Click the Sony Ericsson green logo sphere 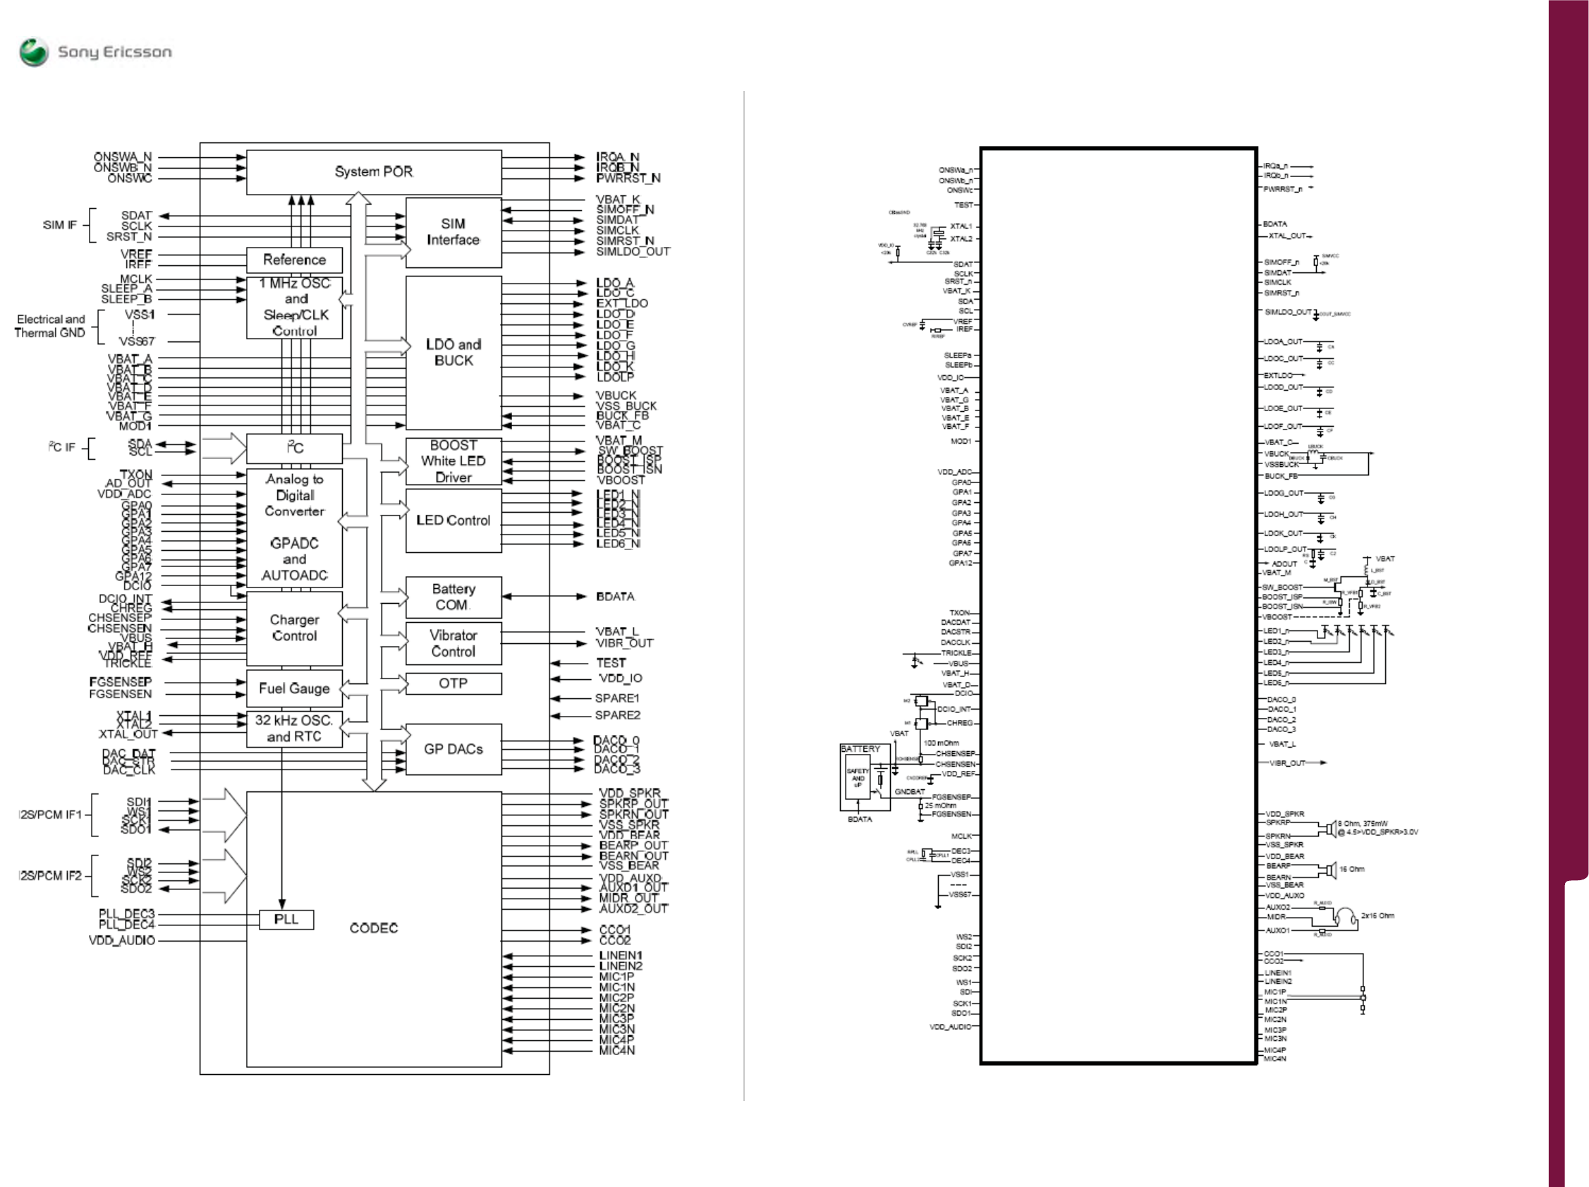click(x=34, y=52)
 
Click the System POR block click(x=374, y=171)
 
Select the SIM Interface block click(x=453, y=232)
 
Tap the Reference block click(x=294, y=260)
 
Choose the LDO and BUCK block click(x=453, y=352)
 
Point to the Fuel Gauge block click(x=294, y=688)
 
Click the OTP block click(x=453, y=683)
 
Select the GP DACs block click(x=453, y=749)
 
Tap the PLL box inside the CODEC click(x=286, y=919)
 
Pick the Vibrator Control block click(x=453, y=643)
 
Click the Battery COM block click(x=453, y=597)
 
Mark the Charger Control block click(x=294, y=627)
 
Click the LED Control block click(x=453, y=521)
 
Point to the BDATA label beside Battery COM click(x=615, y=597)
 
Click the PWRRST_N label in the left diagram click(x=628, y=178)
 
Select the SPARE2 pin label click(x=617, y=715)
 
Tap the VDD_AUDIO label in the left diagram click(x=121, y=940)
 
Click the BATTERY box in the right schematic click(x=865, y=777)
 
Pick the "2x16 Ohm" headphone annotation click(x=1377, y=915)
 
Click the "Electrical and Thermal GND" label click(x=50, y=326)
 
